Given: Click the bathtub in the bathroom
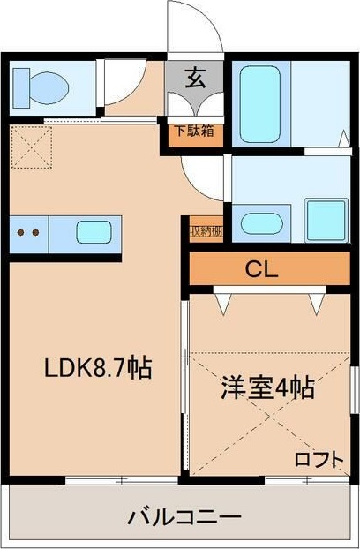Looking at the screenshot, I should [260, 100].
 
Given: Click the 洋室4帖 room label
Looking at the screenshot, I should [267, 388].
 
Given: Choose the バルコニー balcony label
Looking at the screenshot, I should [184, 515].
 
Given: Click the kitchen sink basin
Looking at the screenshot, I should [93, 234].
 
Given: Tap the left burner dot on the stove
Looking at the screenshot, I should [22, 234].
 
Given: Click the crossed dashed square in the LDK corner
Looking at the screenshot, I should [32, 147].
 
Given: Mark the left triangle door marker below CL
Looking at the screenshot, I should [223, 303].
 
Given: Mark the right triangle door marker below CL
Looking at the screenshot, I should [316, 303].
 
